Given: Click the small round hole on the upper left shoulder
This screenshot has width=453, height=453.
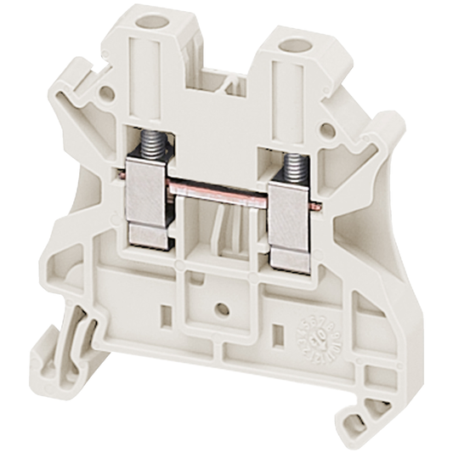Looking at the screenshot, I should tap(105, 92).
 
